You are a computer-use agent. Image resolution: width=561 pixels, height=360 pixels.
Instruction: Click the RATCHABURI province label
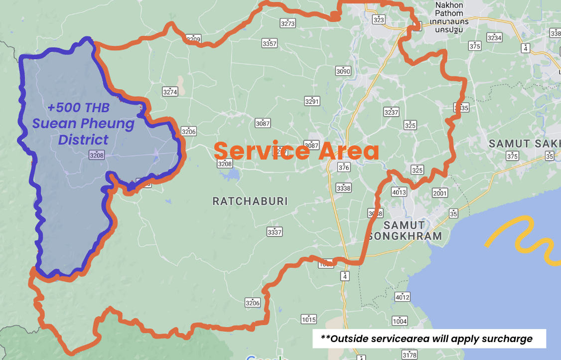click(250, 201)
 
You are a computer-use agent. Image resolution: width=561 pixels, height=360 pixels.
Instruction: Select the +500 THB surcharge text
click(78, 108)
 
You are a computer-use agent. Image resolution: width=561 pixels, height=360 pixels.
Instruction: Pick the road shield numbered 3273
click(288, 23)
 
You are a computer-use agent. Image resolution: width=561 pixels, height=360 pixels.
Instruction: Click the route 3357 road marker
click(270, 43)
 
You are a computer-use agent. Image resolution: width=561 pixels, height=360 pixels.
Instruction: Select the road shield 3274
click(170, 91)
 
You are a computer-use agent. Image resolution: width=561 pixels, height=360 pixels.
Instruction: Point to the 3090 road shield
click(343, 71)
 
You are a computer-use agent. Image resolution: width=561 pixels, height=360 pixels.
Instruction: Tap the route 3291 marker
click(312, 101)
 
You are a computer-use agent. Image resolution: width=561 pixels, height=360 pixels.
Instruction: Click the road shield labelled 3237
click(392, 112)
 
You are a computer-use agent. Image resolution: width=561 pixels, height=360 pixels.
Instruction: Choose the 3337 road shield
click(275, 232)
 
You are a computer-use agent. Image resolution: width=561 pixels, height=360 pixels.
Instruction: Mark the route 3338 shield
click(343, 188)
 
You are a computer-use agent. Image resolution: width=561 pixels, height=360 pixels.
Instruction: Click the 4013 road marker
click(399, 192)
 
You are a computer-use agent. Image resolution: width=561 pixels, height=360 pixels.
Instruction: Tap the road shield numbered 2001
click(440, 193)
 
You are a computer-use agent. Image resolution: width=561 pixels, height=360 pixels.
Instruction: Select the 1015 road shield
click(309, 319)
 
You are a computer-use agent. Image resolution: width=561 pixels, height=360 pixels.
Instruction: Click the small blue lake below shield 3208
click(233, 176)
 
